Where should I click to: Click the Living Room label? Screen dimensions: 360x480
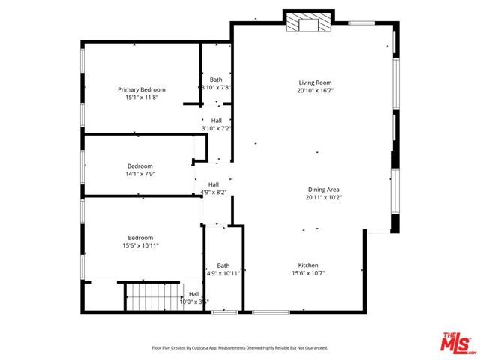point(315,82)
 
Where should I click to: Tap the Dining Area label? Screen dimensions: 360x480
point(324,190)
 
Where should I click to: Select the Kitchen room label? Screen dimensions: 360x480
point(309,265)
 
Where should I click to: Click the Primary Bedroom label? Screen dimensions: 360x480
point(141,89)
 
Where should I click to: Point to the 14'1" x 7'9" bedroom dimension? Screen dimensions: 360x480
point(139,174)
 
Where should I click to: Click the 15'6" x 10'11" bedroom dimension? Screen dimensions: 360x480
point(140,244)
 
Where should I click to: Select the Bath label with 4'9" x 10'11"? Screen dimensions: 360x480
point(223,265)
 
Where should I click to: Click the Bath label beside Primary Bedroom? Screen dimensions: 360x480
point(216,79)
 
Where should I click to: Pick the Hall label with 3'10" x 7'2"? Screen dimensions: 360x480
point(216,120)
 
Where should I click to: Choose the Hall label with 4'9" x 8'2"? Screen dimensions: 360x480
point(214,184)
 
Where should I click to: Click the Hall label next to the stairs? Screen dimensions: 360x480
point(194,294)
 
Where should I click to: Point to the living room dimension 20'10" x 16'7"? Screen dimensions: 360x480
point(315,91)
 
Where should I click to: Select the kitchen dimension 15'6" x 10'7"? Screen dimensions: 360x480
point(309,273)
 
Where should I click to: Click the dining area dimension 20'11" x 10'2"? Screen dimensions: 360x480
point(324,198)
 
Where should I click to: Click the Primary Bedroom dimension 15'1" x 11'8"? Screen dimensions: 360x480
point(141,97)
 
